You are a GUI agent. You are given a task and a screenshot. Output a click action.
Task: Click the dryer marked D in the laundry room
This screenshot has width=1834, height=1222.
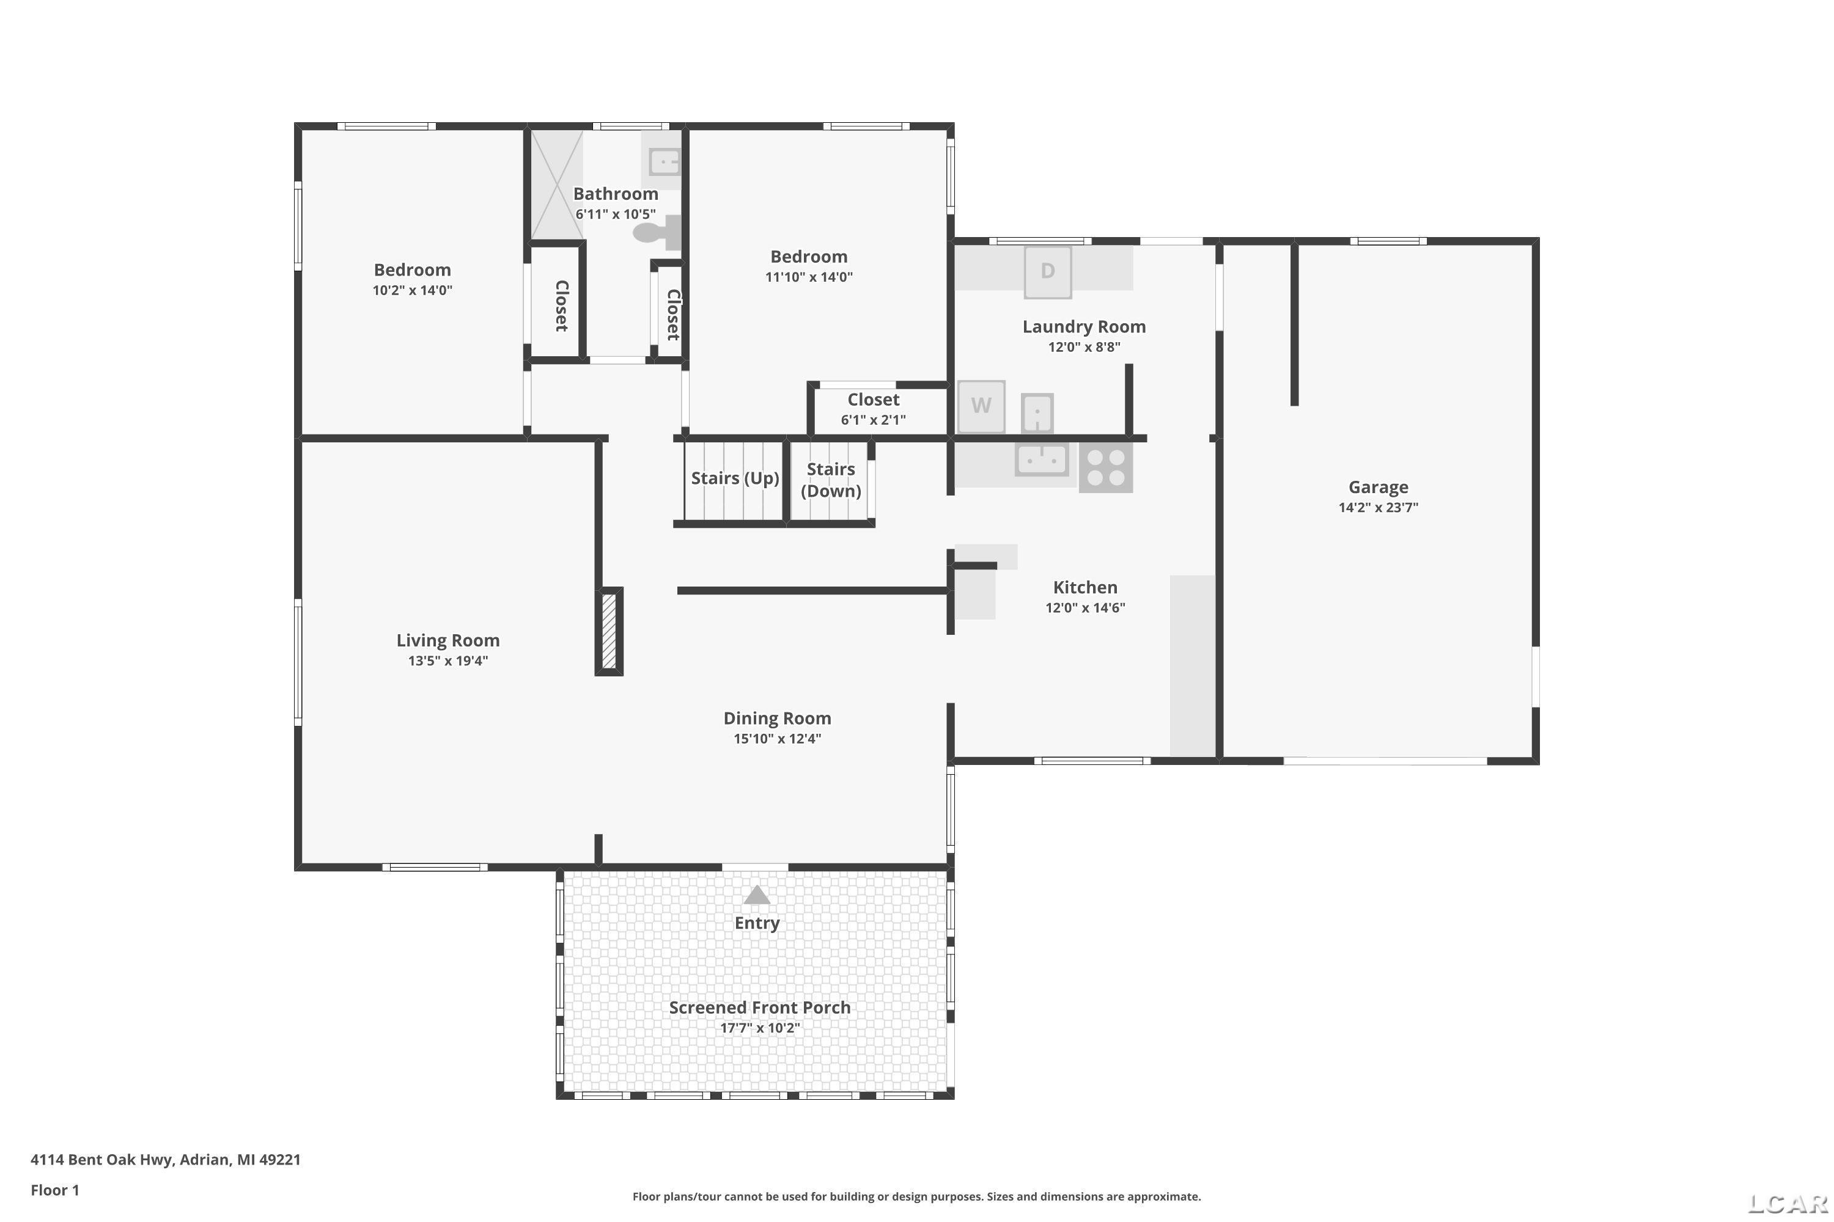[1047, 272]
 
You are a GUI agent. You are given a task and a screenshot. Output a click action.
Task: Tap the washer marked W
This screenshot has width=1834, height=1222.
[981, 406]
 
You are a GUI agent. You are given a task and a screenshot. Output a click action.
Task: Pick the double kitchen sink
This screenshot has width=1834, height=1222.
[1042, 460]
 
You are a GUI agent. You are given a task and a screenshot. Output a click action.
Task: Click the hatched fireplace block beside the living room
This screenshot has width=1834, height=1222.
[609, 631]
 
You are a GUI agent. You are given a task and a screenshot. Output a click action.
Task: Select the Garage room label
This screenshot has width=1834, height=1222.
[1378, 487]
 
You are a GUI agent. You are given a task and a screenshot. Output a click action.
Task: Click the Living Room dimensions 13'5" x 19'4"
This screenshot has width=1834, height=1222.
[447, 661]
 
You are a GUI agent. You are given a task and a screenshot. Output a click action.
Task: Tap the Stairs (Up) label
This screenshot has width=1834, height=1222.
[735, 478]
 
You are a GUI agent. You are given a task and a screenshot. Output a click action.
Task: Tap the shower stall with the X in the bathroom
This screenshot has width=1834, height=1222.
[557, 185]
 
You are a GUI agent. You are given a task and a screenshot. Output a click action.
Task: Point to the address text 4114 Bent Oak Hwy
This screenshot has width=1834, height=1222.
[101, 1159]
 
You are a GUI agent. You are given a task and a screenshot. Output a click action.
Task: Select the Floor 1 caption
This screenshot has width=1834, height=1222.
[54, 1190]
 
